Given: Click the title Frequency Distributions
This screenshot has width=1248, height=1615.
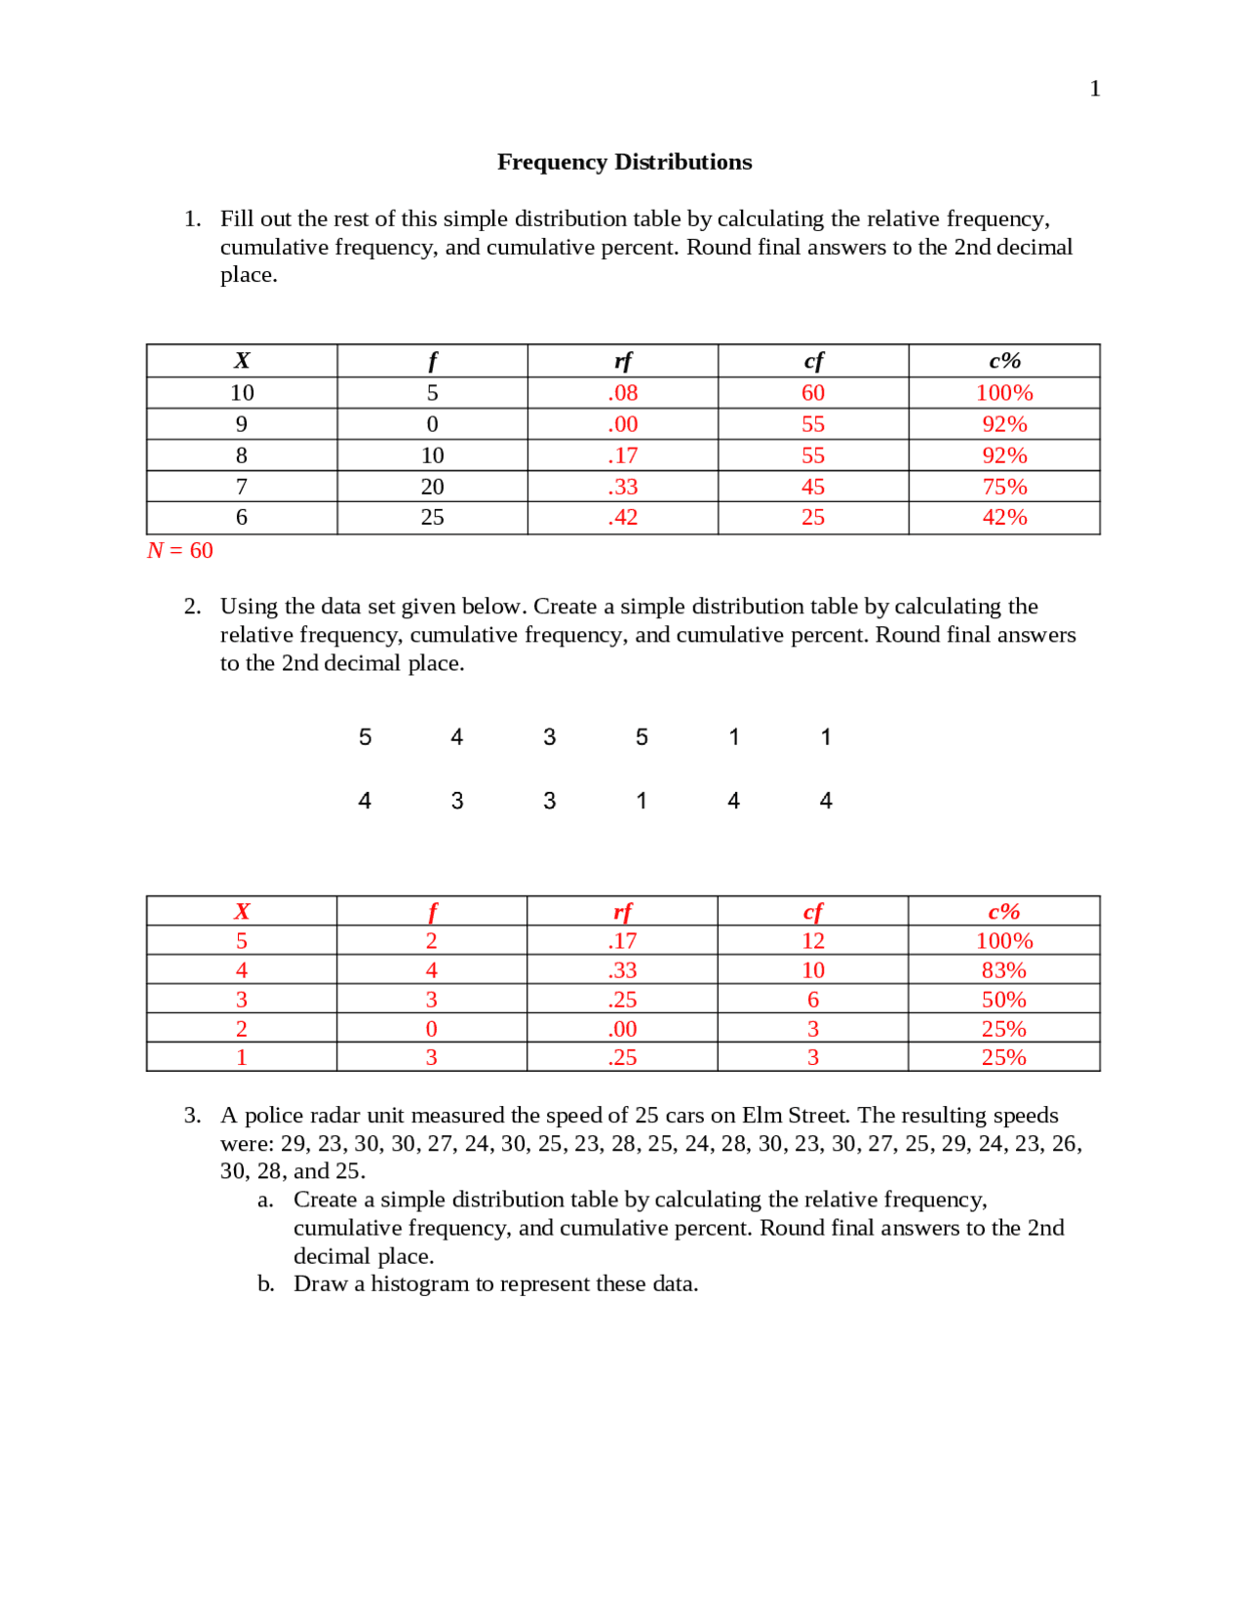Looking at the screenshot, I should [624, 162].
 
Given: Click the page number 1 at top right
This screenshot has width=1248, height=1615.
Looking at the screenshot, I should [1094, 89].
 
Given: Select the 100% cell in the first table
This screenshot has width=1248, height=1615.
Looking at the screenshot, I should [1003, 393].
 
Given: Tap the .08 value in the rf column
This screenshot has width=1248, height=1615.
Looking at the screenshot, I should [622, 393].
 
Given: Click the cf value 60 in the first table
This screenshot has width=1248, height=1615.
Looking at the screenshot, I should [812, 393].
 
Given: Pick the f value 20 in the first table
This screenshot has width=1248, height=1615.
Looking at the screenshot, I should [432, 487].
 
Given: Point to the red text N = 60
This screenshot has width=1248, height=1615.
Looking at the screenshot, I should [180, 551].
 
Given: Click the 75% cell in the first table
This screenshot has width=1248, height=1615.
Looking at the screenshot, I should [1003, 487].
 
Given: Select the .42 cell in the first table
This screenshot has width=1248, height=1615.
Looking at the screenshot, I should [622, 518].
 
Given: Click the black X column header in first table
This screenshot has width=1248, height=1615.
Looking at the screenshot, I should [242, 361].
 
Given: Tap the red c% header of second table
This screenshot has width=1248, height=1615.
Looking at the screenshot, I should [1003, 912].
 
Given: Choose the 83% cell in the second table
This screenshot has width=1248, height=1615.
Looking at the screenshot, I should [1003, 970].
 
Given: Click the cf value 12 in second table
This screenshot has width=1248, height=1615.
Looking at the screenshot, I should [812, 941].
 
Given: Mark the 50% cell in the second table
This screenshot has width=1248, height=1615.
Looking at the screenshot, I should [1003, 1000].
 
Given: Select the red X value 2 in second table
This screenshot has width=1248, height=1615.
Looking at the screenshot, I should [242, 1029].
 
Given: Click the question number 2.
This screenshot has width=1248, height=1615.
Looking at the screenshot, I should [192, 607].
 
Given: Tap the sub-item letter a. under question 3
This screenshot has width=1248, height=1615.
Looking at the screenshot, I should [265, 1201].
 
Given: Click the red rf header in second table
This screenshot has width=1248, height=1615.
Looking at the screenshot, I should [622, 912].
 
